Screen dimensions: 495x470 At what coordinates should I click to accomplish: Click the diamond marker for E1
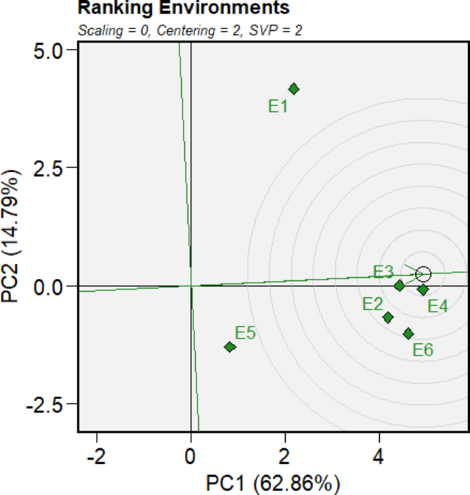coord(294,88)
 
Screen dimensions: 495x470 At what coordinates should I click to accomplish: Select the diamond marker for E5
coord(230,347)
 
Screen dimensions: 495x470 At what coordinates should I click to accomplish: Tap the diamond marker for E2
coord(388,317)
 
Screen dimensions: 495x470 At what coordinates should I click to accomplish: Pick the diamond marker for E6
coord(409,334)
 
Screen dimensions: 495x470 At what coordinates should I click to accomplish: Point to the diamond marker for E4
coord(423,289)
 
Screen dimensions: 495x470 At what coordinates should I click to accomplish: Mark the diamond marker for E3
coord(399,285)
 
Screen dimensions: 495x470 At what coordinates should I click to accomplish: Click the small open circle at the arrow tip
coord(423,274)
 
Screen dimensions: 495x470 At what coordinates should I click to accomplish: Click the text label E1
coord(278,106)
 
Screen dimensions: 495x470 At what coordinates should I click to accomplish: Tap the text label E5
coord(246,333)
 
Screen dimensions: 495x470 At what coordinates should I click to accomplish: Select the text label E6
coord(423,350)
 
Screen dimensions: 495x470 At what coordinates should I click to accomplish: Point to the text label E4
coord(438,306)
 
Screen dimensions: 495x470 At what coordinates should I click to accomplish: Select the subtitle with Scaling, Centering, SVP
coord(191,30)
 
